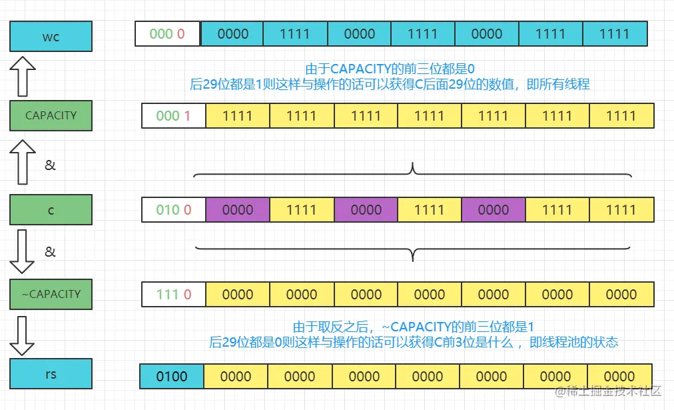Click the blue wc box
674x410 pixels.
[x=51, y=36]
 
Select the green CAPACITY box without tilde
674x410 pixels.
[x=51, y=115]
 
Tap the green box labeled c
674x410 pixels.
[x=51, y=209]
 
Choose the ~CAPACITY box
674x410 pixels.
[x=51, y=293]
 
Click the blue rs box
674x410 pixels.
[x=51, y=374]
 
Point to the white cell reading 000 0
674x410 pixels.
[x=167, y=33]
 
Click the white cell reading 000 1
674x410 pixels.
[x=173, y=115]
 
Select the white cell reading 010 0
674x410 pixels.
[x=173, y=209]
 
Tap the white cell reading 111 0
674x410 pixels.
[x=173, y=294]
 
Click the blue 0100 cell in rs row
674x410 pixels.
[x=171, y=376]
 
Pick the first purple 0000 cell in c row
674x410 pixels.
[x=237, y=209]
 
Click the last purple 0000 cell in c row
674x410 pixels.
[x=493, y=209]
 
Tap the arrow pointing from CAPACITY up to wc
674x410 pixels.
[x=23, y=76]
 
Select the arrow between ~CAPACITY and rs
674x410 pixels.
[x=23, y=335]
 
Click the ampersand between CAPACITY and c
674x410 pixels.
[x=51, y=165]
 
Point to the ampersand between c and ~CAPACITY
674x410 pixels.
[x=51, y=251]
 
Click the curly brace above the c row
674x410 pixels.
[x=413, y=172]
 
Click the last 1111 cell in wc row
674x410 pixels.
[x=614, y=33]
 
